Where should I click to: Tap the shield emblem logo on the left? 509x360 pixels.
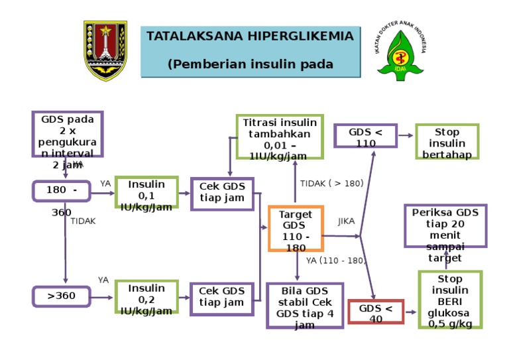coord(105,50)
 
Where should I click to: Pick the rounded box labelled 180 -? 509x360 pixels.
coord(62,191)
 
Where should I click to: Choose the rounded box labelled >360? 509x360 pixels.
coord(61,296)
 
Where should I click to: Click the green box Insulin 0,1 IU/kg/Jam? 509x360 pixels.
coord(146,193)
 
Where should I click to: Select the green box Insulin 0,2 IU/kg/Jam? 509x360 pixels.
coord(146,297)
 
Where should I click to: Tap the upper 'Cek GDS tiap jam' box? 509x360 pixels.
coord(222,194)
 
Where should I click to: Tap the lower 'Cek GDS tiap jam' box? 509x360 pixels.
coord(222,298)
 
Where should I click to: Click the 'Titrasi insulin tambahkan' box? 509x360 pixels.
coord(280,137)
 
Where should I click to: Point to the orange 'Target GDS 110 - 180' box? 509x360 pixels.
coord(296,229)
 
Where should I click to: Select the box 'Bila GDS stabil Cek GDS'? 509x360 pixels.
coord(305,306)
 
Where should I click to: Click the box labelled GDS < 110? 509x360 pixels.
coord(366,137)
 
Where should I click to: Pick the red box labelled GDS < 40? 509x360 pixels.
coord(376,312)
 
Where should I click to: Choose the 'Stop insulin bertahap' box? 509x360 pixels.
coord(447,142)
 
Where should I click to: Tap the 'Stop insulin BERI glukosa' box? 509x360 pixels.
coord(450,300)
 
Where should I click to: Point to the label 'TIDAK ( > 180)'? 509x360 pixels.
coord(331,184)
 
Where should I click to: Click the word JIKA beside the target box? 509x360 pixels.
coord(346,221)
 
